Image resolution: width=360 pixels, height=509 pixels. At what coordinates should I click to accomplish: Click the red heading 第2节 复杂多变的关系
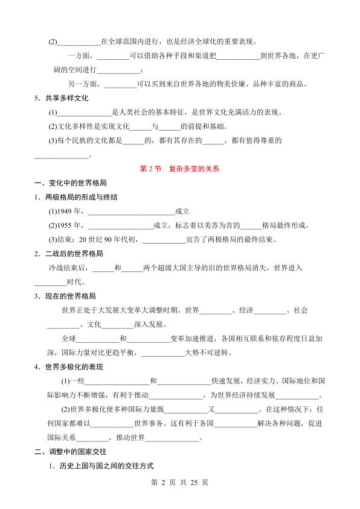tap(180, 169)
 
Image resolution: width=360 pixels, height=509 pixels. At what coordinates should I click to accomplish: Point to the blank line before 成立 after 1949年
tap(131, 213)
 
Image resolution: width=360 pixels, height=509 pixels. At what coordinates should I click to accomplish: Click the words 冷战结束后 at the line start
tap(69, 268)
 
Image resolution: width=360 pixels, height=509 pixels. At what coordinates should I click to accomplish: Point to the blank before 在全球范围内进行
tap(78, 43)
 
